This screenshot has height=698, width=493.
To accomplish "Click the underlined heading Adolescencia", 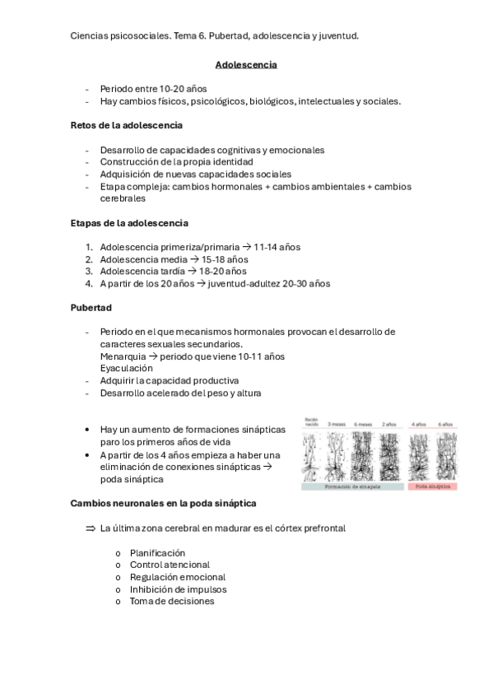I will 245,64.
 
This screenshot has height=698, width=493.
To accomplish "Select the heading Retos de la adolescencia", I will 127,125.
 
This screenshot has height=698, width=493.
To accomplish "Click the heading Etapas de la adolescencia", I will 129,222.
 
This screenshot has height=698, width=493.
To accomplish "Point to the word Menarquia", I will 122,356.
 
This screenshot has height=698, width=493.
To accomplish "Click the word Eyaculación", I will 126,368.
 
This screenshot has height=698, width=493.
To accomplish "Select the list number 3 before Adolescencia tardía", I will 89,271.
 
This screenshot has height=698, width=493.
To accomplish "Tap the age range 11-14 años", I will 277,246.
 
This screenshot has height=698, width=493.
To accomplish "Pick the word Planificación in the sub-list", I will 157,552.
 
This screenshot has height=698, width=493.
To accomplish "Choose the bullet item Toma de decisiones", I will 172,601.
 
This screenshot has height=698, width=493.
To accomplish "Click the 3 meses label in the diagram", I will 337,424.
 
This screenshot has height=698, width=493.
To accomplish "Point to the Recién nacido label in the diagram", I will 311,421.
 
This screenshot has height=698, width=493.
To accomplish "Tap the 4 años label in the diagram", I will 419,424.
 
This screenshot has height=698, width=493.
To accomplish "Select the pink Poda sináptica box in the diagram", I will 432,486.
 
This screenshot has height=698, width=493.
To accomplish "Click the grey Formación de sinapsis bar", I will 351,486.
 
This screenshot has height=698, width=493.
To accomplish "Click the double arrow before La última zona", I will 91,528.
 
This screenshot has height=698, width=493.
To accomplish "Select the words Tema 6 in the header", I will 190,36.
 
